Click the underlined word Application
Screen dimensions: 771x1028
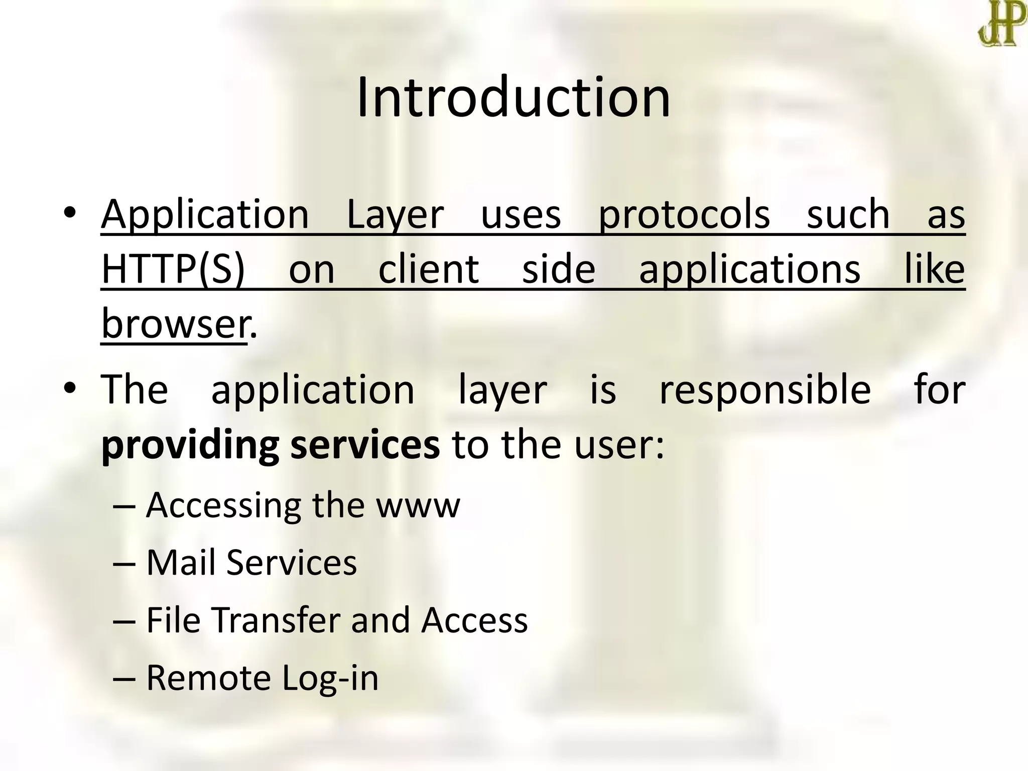point(205,215)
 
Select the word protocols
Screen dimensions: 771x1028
point(684,215)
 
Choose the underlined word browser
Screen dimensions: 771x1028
point(174,324)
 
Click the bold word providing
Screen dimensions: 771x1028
point(190,445)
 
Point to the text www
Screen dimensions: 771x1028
point(418,505)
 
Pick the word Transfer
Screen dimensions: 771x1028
point(278,619)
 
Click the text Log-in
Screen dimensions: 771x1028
point(330,678)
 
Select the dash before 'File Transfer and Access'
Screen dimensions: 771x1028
point(124,620)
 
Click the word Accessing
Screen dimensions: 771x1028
point(223,505)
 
